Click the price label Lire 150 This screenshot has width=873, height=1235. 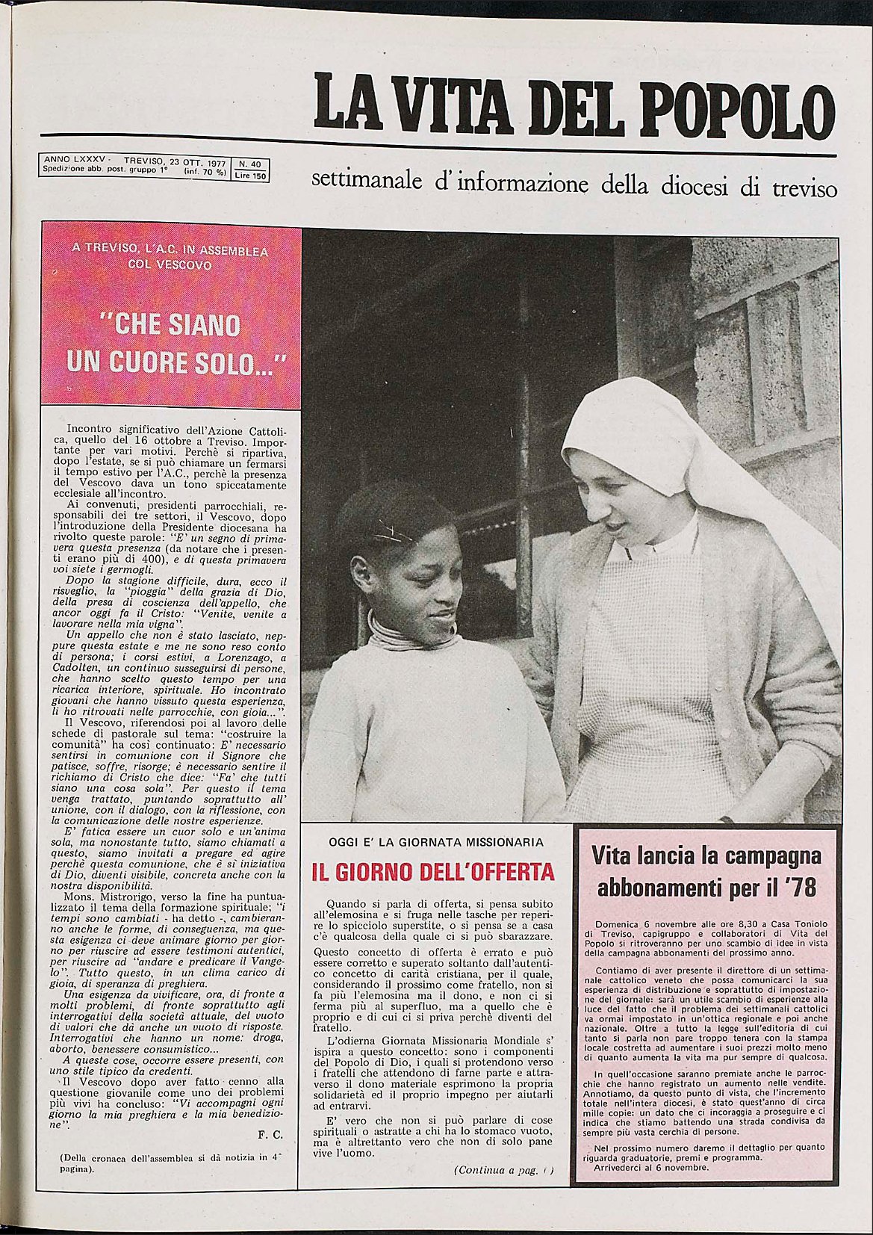tap(250, 176)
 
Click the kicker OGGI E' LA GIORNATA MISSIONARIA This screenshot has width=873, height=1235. tap(436, 842)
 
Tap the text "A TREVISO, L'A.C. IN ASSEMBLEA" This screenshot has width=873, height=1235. tap(171, 252)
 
